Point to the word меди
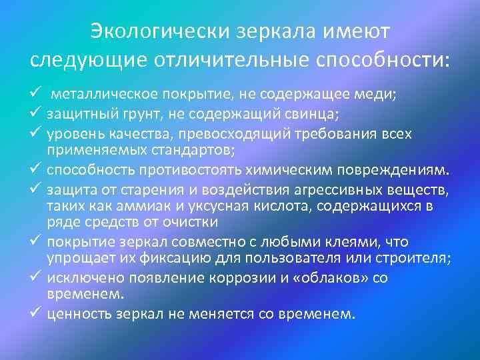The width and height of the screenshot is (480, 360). click(380, 95)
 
